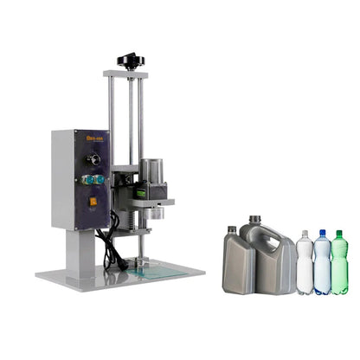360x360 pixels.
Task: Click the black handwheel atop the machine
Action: (x=132, y=61)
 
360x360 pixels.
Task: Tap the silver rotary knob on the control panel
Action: (x=93, y=159)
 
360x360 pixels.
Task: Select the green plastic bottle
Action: (x=339, y=265)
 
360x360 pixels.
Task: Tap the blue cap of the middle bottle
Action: (x=322, y=233)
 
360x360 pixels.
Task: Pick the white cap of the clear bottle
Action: (x=305, y=233)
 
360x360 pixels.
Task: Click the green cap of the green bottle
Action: (x=339, y=234)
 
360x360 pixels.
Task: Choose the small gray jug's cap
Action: (x=232, y=229)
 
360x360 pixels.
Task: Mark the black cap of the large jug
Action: (x=254, y=220)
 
